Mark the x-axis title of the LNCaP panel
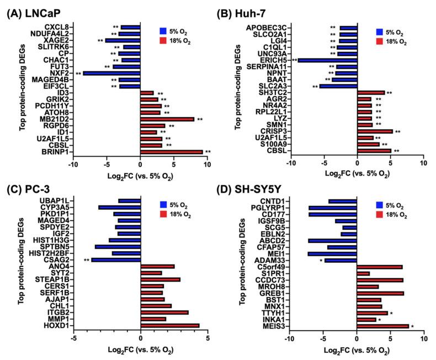141,168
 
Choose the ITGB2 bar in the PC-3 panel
164,312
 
